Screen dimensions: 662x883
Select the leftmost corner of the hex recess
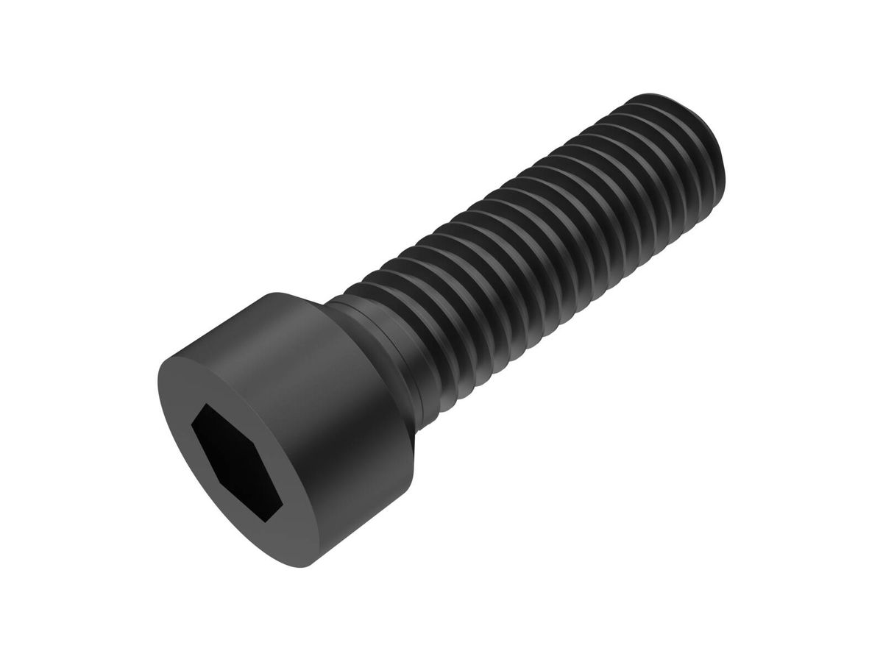tap(192, 425)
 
